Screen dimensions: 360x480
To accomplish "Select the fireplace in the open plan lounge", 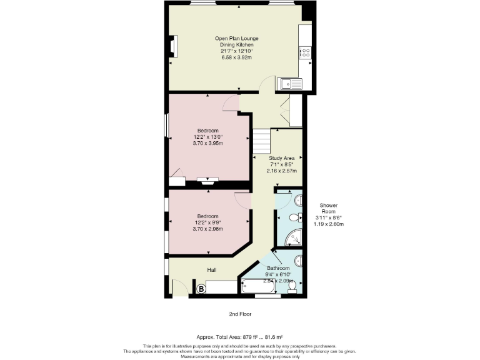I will tap(172, 46).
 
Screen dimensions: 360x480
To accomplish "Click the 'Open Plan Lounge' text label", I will tap(236, 39).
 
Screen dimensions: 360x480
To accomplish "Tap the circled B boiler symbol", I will tap(202, 289).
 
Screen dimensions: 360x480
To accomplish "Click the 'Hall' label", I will tap(212, 271).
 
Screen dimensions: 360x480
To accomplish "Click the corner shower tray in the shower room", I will tap(294, 237).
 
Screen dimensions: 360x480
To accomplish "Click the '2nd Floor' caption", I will tap(240, 314).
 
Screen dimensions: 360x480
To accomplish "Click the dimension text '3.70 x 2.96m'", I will tap(208, 229).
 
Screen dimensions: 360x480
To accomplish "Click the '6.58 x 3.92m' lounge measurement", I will tap(236, 57).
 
